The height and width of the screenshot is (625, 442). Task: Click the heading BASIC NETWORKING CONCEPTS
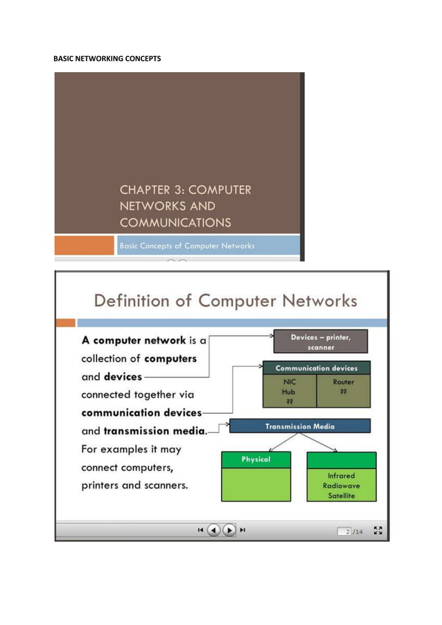coord(107,58)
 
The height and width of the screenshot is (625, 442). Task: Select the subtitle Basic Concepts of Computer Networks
coord(188,245)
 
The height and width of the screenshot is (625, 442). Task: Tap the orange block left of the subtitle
coord(85,245)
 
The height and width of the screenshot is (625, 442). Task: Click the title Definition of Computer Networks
coord(225,301)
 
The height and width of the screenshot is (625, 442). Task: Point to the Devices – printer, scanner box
coord(319,342)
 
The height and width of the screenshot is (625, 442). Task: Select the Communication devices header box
coord(317,368)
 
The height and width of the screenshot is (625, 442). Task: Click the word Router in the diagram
coord(343,382)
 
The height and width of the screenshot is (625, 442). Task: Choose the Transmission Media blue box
coord(300,426)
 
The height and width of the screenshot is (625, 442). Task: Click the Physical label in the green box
coord(256,459)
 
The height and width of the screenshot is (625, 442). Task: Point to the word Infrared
coord(341,476)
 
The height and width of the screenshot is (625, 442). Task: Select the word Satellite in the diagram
coord(341,495)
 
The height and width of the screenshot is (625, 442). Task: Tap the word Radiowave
coord(341,486)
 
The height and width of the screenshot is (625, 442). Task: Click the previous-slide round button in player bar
coord(213,530)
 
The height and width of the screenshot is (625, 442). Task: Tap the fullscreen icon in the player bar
coord(378,530)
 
